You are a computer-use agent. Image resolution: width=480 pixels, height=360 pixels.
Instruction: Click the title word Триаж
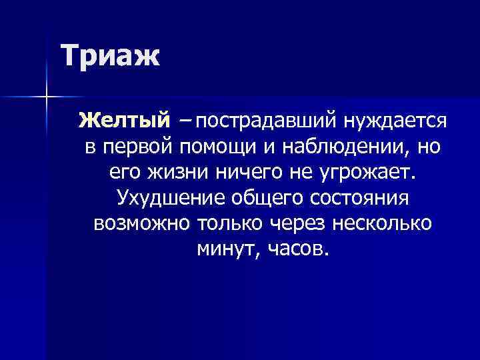[111, 55]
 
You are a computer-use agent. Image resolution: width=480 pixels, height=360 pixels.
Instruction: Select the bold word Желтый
[125, 121]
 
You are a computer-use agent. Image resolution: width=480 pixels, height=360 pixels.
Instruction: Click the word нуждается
[395, 121]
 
